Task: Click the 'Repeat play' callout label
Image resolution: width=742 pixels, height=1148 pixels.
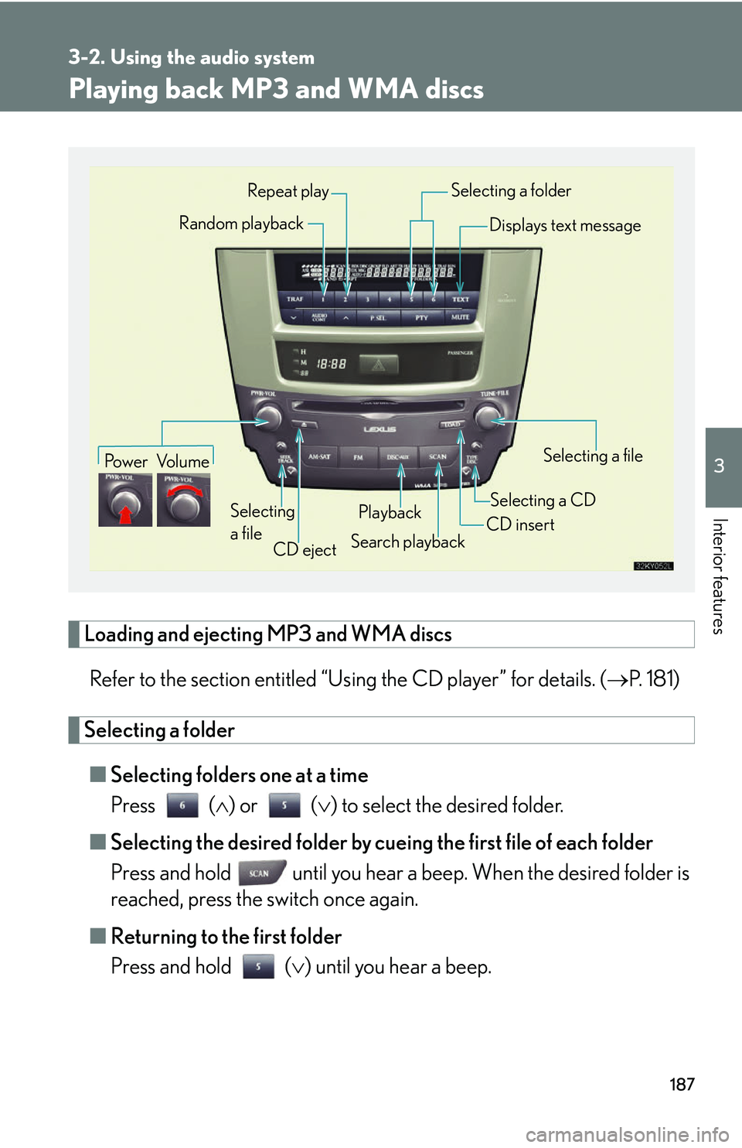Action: click(288, 191)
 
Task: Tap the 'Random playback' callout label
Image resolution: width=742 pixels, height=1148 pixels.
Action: click(241, 224)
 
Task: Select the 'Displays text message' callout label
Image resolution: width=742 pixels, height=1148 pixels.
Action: click(565, 226)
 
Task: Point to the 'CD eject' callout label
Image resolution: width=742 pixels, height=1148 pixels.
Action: click(305, 550)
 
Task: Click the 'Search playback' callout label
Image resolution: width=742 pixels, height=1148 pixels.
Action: click(407, 542)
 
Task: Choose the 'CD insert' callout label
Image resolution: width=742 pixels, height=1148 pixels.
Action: click(520, 524)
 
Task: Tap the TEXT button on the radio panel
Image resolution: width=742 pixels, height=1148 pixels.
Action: click(461, 299)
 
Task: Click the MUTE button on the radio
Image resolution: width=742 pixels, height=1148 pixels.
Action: click(461, 317)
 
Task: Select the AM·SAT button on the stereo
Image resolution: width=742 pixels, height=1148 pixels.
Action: click(319, 457)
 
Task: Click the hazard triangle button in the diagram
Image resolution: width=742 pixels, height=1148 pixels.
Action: click(378, 364)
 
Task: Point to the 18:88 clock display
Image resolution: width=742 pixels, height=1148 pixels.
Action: click(332, 364)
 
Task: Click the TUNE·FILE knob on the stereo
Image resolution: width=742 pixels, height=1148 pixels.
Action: click(488, 417)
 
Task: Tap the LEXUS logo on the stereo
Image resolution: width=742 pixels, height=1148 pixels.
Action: click(380, 429)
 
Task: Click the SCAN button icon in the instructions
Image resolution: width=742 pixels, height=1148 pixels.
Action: click(261, 873)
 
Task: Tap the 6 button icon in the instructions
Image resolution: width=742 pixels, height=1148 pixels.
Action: click(182, 806)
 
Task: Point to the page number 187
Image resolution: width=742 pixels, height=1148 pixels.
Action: click(682, 1085)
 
